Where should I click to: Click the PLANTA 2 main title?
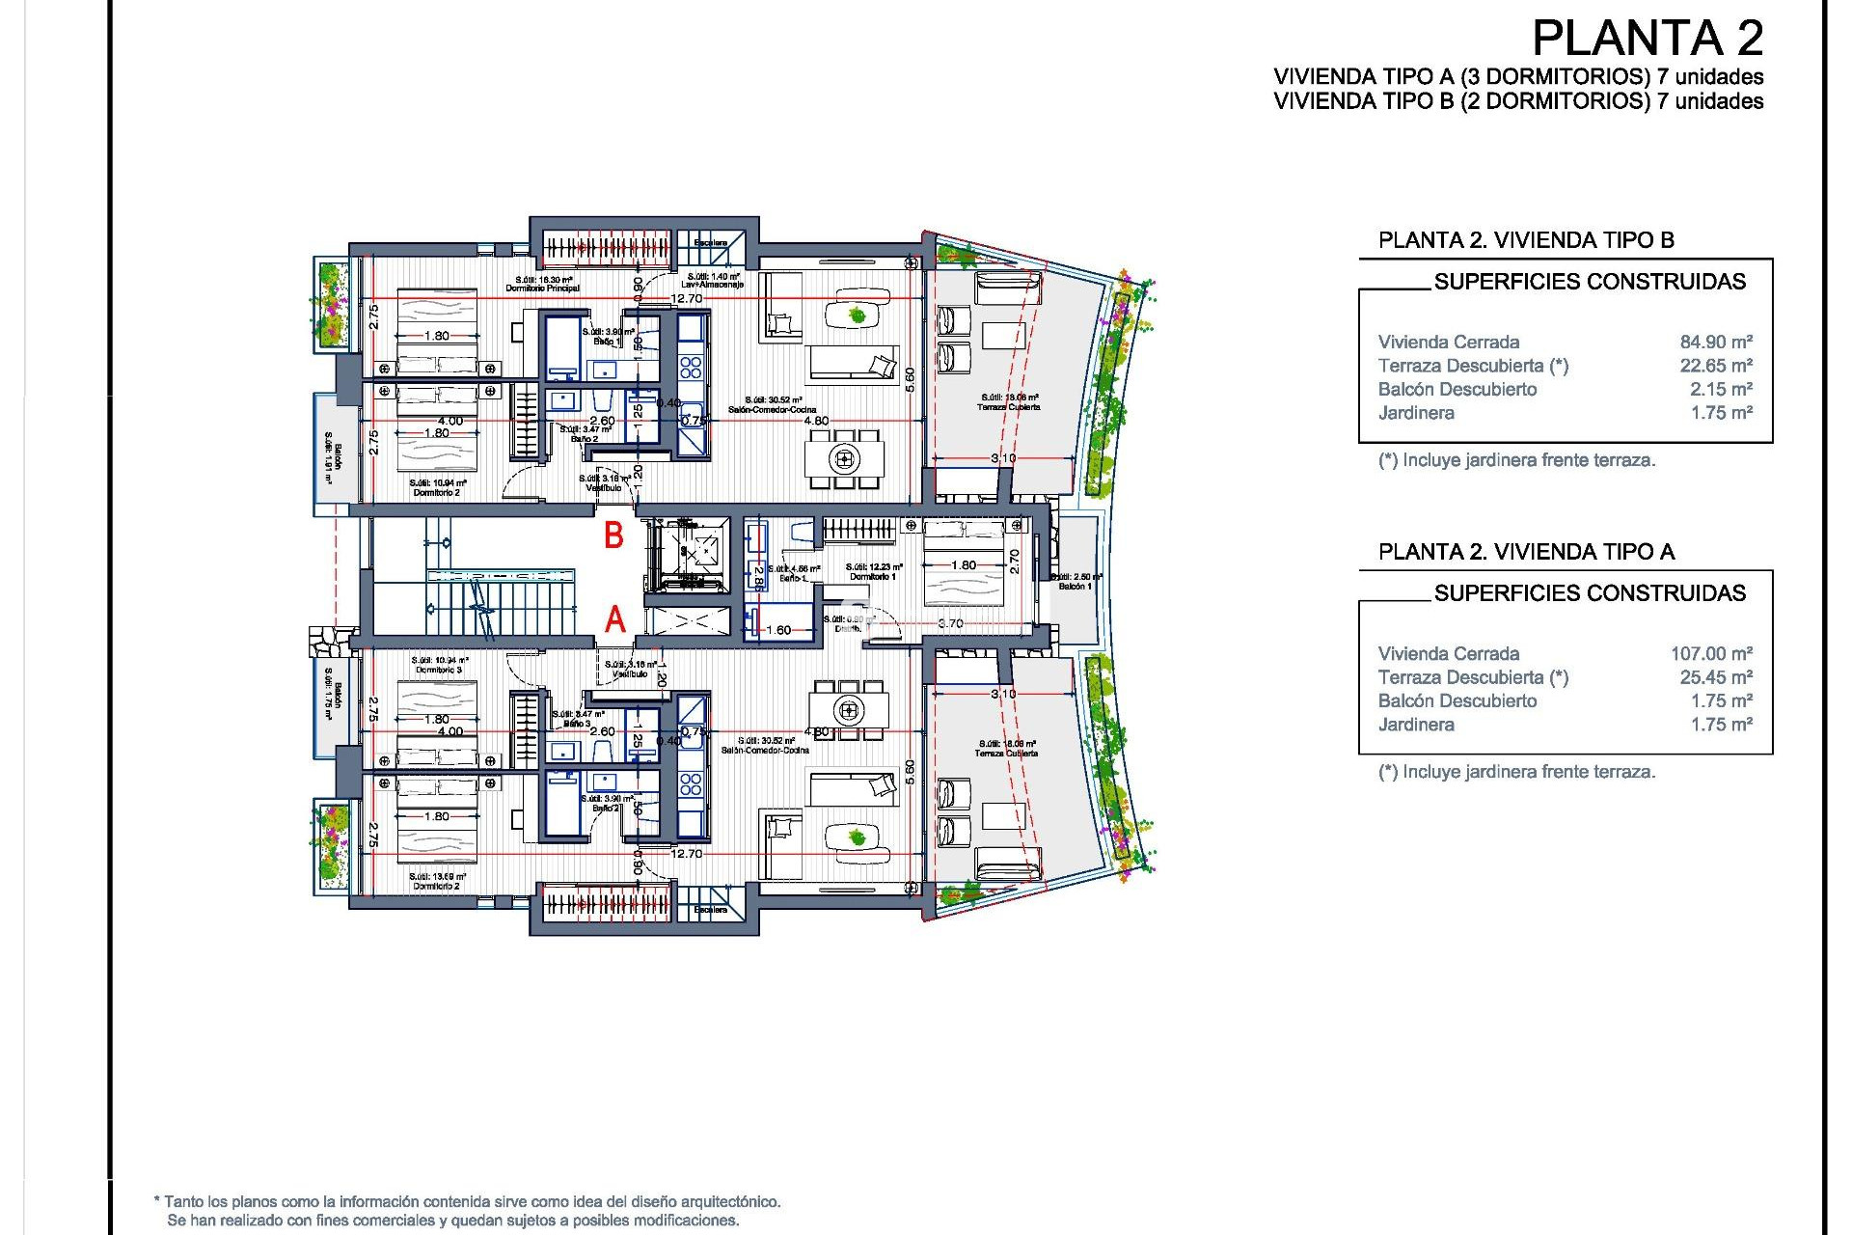coord(1648,39)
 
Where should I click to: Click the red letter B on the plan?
coord(613,535)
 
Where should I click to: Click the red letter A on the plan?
coord(615,619)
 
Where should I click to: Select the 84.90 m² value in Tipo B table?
coord(1716,342)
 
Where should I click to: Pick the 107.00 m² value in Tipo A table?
coord(1711,653)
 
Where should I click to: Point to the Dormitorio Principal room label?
coord(542,288)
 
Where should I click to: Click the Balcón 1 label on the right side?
coord(1075,586)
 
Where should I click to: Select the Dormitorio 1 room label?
coord(873,576)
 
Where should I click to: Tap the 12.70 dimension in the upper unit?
coord(687,298)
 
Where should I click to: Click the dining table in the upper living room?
coord(845,458)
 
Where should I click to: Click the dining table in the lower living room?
coord(849,711)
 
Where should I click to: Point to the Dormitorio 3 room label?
coord(439,670)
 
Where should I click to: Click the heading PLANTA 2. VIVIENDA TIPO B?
coord(1526,240)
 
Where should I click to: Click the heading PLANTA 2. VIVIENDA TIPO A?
coord(1526,552)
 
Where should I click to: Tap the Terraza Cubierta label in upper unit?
coord(1009,407)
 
